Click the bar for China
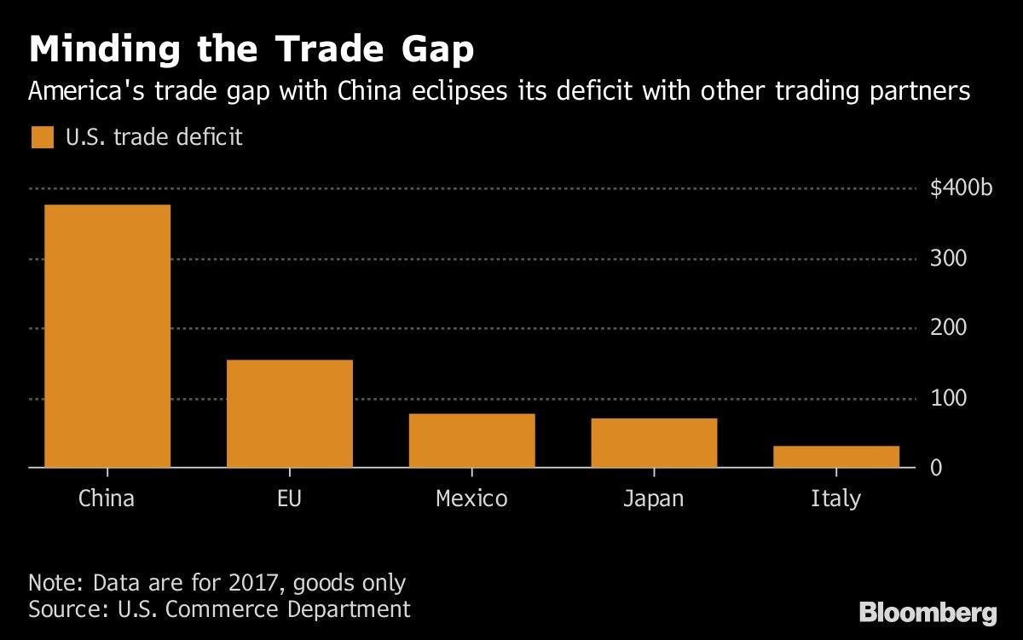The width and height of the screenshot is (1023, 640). (x=107, y=336)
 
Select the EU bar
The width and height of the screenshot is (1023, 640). (x=289, y=413)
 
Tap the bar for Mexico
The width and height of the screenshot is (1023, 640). (x=471, y=441)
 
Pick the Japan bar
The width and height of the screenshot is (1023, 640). (x=654, y=442)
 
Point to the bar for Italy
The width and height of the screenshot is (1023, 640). (x=836, y=456)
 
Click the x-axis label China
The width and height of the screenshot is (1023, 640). (x=107, y=499)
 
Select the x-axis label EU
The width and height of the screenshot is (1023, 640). (x=289, y=499)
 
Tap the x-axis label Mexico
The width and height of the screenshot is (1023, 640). (x=471, y=499)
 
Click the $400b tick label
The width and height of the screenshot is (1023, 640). (x=962, y=189)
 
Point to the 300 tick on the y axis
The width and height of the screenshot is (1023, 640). (x=948, y=259)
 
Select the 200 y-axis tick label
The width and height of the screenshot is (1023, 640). (x=948, y=329)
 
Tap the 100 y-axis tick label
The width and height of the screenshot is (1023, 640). (x=948, y=399)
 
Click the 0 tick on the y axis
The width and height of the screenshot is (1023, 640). (x=936, y=469)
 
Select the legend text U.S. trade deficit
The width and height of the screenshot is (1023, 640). (x=154, y=137)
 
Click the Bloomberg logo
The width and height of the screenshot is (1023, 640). (x=928, y=612)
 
